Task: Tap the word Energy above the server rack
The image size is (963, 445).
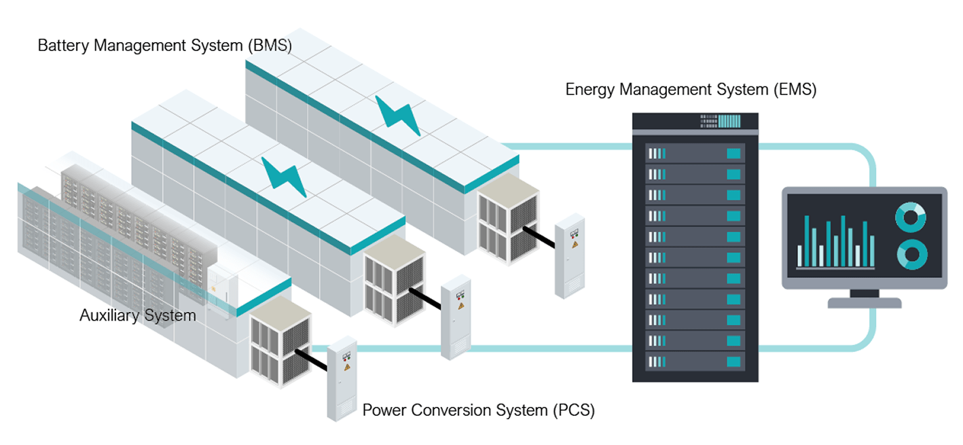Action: point(590,90)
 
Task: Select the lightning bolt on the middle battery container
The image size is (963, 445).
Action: point(284,177)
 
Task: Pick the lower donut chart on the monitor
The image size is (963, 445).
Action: point(911,255)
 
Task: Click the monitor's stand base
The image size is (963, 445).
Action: point(864,303)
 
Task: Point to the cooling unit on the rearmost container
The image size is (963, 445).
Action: point(508,217)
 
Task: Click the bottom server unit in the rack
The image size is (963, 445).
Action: point(695,361)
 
